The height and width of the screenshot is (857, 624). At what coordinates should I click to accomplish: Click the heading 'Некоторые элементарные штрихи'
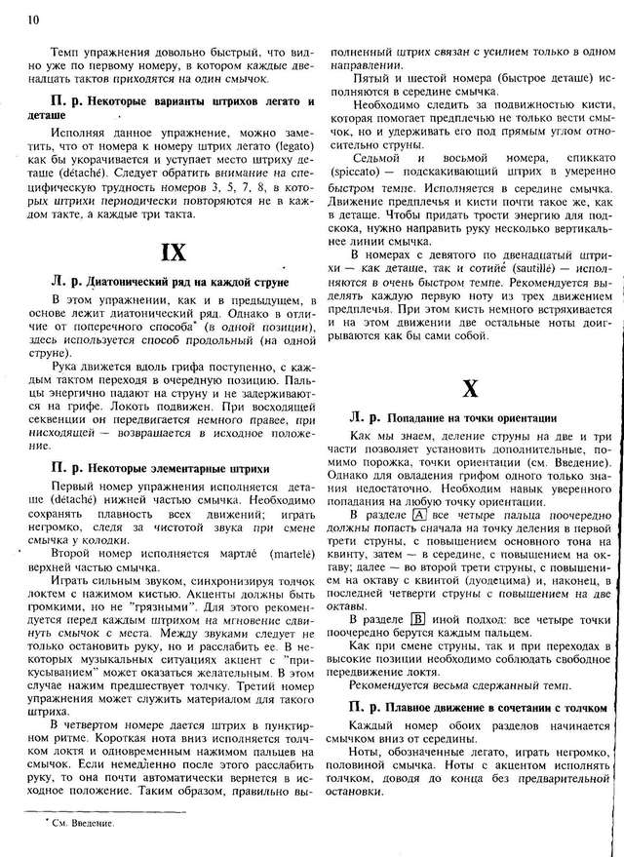click(184, 468)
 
